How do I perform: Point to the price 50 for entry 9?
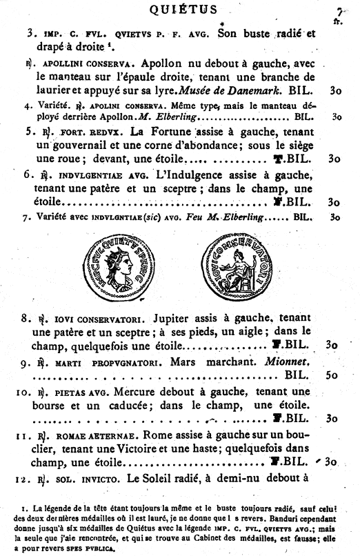[x=333, y=376]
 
